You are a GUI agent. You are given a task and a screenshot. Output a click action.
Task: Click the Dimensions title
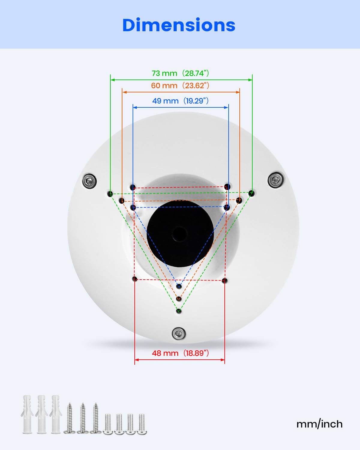tap(179, 25)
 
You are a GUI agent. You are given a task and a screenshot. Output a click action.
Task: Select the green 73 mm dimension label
tap(180, 73)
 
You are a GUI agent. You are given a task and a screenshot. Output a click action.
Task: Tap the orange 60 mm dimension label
tap(180, 86)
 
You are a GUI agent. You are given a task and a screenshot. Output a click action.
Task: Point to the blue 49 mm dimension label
tap(180, 101)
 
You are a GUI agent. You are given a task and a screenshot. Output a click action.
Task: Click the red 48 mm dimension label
tap(180, 353)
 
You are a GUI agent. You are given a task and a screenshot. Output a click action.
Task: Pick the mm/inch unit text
tap(319, 424)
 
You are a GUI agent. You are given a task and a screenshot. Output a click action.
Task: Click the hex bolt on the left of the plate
tap(89, 181)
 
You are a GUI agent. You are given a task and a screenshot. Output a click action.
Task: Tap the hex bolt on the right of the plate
tap(276, 180)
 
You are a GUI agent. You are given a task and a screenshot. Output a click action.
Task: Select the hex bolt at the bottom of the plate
tap(178, 334)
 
